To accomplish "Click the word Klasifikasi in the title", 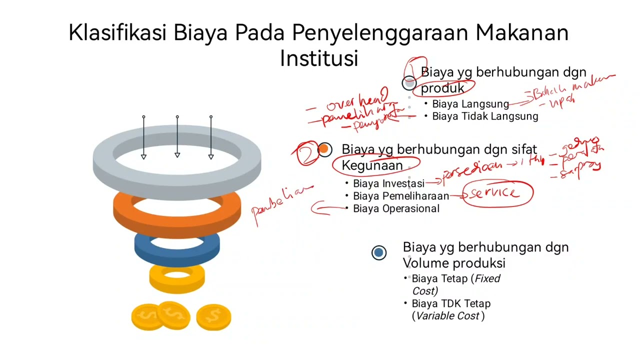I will point(118,33).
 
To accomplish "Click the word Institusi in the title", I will point(319,58).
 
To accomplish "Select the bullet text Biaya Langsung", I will point(470,104).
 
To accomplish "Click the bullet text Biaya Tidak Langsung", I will point(485,116).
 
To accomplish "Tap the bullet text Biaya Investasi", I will point(388,183).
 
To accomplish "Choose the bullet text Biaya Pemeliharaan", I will point(401,196).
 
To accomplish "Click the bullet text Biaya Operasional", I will point(396,208).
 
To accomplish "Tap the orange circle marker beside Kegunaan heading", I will point(324,149).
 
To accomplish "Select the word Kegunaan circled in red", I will point(372,165).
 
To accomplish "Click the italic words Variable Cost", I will point(447,316).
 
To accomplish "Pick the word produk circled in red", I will point(442,87).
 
